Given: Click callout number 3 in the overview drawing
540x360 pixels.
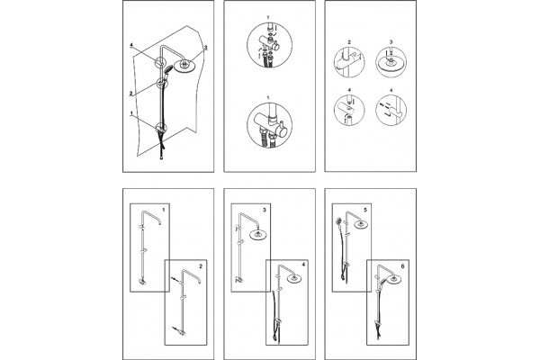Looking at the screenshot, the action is tap(205, 48).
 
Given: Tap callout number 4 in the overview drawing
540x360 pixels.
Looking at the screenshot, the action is tap(131, 45).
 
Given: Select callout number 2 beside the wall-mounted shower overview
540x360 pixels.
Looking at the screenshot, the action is tap(130, 94).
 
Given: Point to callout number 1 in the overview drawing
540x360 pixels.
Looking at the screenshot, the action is tap(131, 112).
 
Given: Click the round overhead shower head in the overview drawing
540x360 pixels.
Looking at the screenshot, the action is tap(184, 66).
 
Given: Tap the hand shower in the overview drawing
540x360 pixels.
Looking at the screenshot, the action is tap(168, 70).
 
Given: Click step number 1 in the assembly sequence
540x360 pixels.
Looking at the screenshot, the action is tap(164, 210).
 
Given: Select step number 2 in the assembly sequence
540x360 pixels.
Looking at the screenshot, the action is tap(201, 266).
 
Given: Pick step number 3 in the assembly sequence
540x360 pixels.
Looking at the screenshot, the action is tap(264, 210).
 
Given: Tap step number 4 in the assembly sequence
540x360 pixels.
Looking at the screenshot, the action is tap(303, 265).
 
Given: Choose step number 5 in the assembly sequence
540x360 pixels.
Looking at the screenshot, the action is tap(365, 210).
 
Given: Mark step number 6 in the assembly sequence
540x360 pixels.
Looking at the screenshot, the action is tap(402, 266).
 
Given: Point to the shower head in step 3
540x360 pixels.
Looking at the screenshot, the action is tap(256, 235).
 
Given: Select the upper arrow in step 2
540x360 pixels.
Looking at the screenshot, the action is tap(175, 280).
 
